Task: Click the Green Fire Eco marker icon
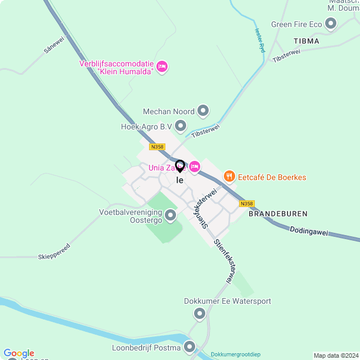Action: coord(331,24)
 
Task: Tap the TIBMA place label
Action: coord(307,41)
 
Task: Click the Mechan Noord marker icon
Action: coord(204,111)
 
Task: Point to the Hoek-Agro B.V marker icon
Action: coord(181,126)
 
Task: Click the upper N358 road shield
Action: coord(157,147)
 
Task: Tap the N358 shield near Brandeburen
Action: coord(246,204)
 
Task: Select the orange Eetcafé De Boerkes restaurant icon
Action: coord(229,177)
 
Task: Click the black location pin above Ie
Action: coord(180,166)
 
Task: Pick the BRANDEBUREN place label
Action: coord(278,214)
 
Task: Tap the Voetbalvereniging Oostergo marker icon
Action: coord(171,215)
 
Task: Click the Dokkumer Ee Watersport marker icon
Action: coord(199,313)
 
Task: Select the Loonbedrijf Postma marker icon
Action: coord(190,348)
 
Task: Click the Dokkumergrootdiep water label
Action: coord(236,355)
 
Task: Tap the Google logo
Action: coord(19,353)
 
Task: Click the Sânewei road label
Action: coord(54,45)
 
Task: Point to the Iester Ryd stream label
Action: coord(259,40)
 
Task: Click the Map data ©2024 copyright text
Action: coord(335,355)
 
